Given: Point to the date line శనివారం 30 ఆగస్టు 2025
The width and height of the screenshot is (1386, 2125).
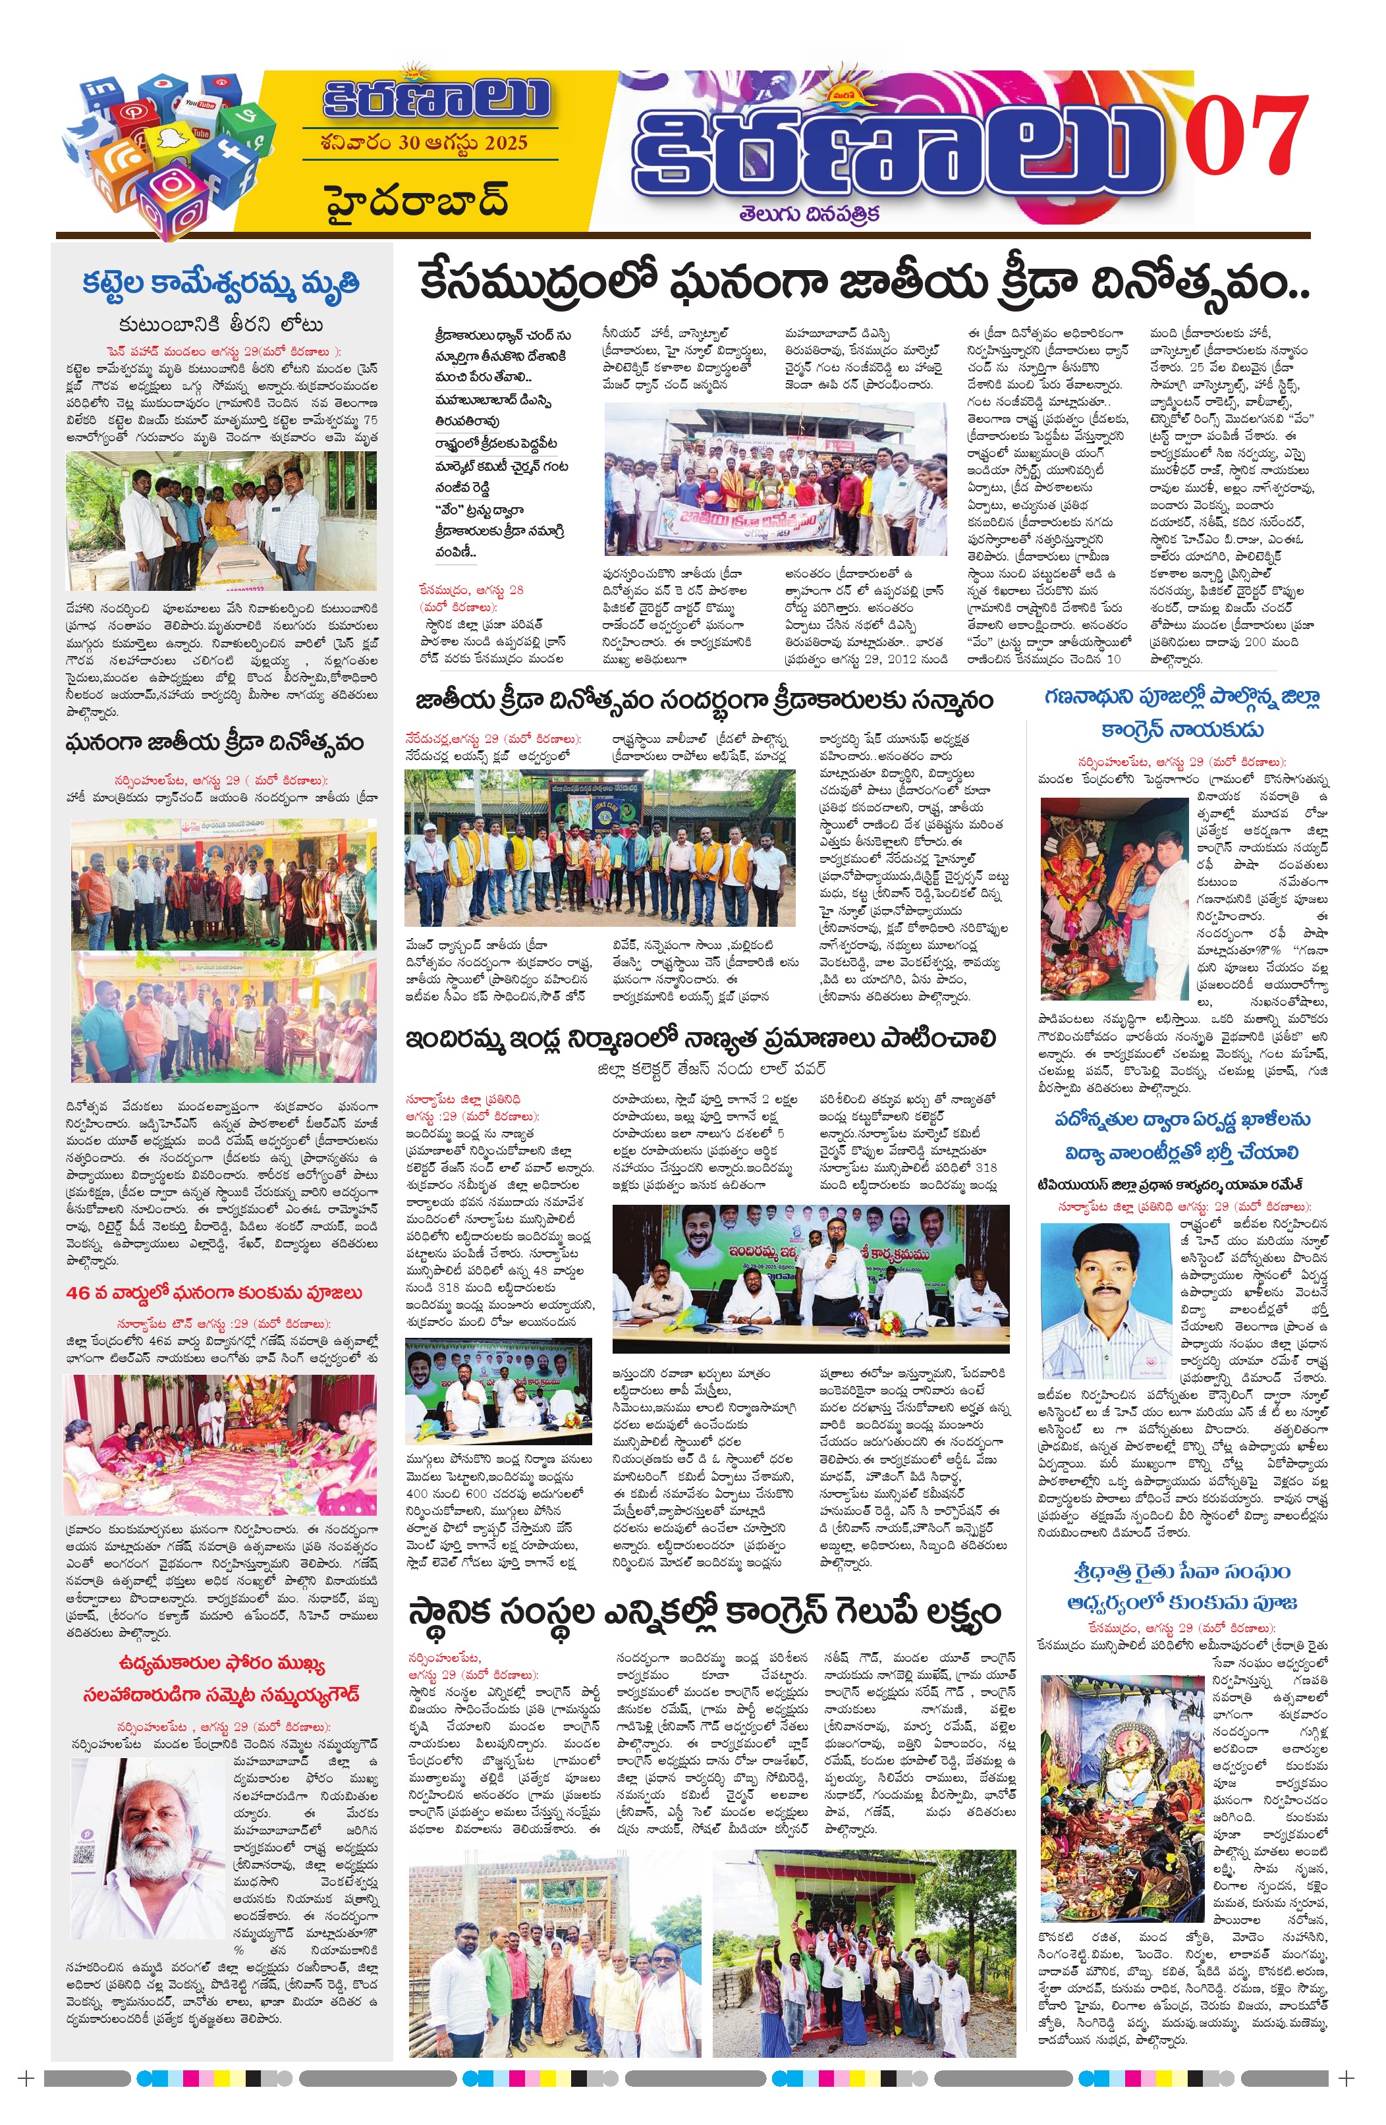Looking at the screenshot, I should click(424, 143).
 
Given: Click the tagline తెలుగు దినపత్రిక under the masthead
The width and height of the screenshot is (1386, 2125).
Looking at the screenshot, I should click(809, 214).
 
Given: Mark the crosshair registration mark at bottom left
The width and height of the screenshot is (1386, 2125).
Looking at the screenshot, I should click(27, 2079).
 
